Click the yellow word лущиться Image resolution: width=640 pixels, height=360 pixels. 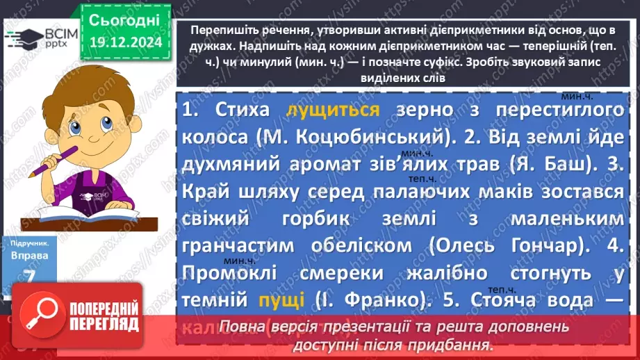point(333,111)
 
